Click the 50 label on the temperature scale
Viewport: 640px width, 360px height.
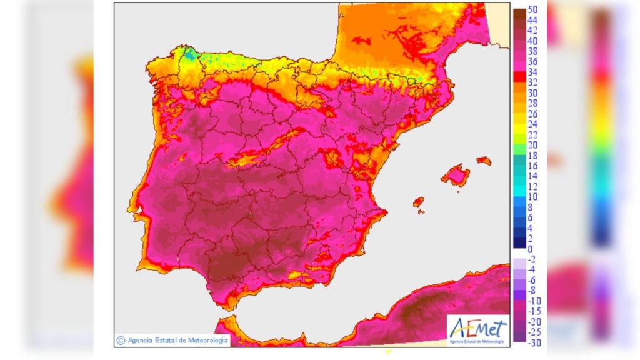pos(533,10)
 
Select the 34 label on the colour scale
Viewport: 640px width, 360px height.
pos(533,72)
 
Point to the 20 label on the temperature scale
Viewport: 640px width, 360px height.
pos(533,145)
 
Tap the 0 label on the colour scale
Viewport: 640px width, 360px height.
pos(531,249)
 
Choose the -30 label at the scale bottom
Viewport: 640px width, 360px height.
pos(534,342)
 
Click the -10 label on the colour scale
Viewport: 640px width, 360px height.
pos(534,301)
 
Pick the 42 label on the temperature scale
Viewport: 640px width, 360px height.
pos(533,31)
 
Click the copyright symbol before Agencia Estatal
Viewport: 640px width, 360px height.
pos(120,341)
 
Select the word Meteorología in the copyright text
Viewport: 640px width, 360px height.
pos(207,341)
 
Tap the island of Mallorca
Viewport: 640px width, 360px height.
pos(457,176)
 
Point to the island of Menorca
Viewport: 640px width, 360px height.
pos(484,161)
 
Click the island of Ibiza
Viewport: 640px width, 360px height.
pos(419,202)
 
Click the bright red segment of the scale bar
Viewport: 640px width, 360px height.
pos(518,77)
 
